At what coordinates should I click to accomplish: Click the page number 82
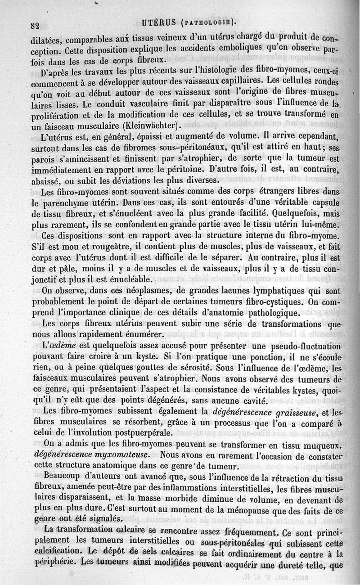point(36,24)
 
